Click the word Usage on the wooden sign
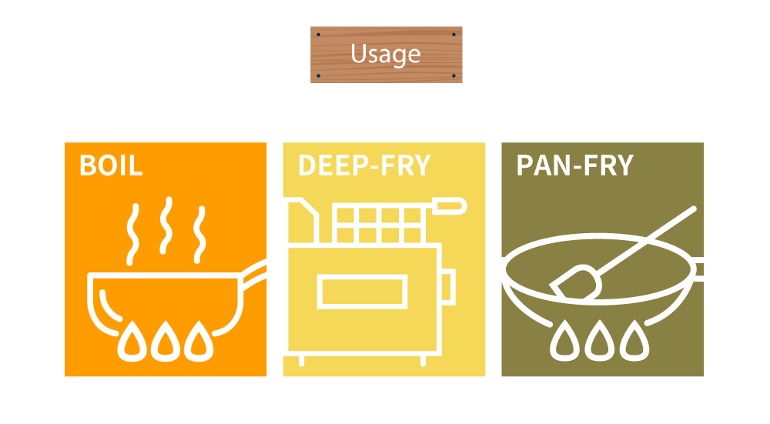386,54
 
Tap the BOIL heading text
111,166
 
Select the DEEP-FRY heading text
364,166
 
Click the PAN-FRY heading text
574,166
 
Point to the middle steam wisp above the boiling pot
165,225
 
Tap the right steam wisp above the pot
199,231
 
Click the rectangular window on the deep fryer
361,292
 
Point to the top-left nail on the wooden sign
316,34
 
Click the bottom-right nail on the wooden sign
455,76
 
